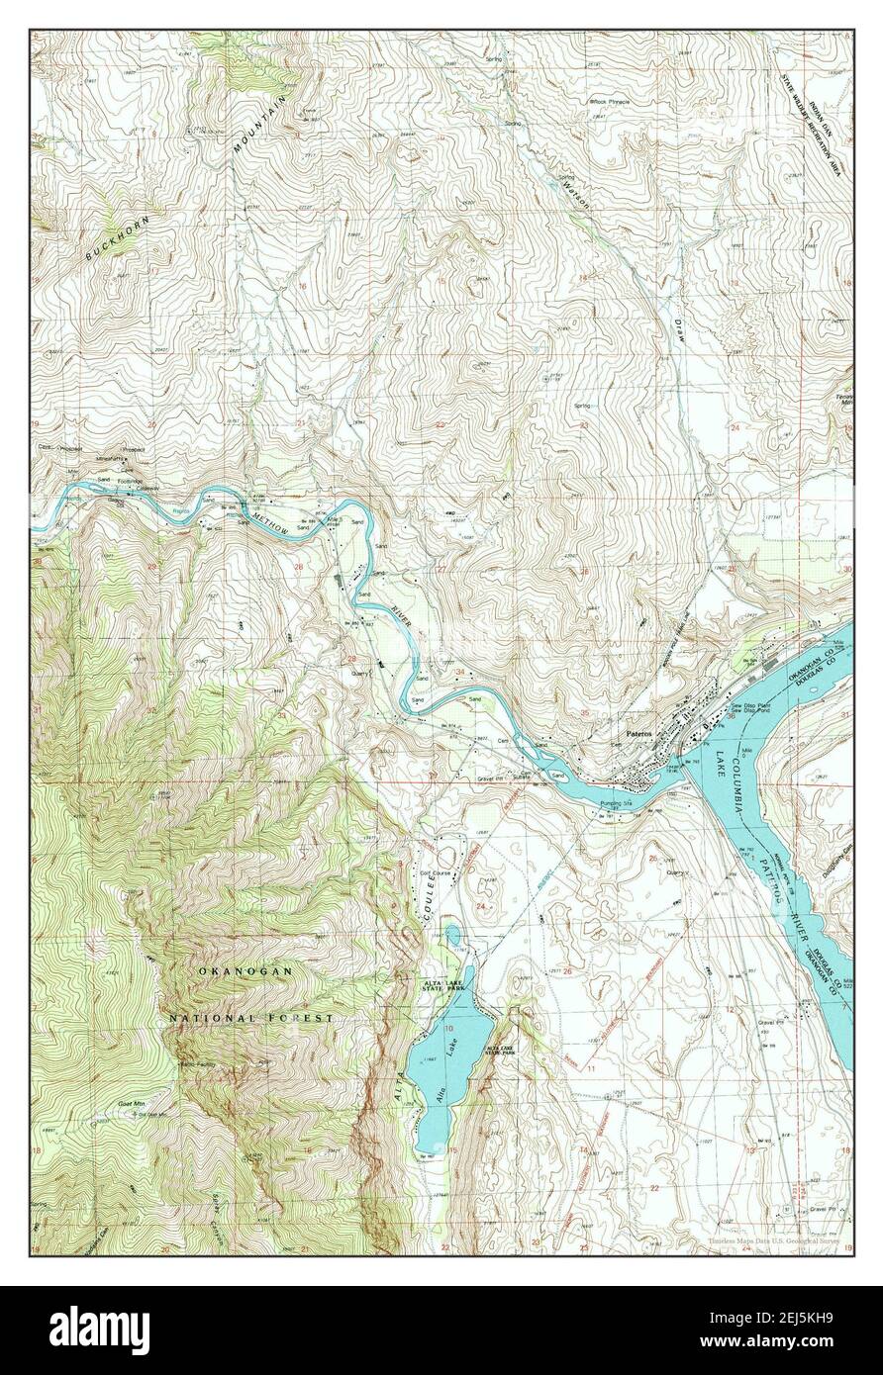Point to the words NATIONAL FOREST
(250, 1017)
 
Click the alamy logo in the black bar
(102, 1325)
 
